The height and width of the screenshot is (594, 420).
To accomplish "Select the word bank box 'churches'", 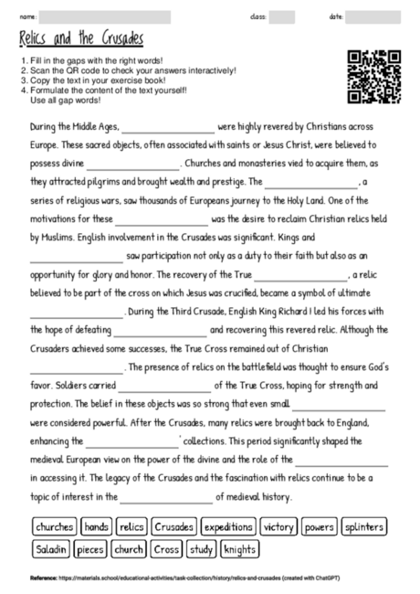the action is coord(54,527).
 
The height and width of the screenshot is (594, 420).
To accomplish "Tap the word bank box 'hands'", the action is coord(96,527).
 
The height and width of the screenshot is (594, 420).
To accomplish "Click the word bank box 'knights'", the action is coord(240,549).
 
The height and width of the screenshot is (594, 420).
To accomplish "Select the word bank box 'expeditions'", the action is coord(228,527).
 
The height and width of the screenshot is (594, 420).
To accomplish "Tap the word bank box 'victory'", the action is coord(278,527).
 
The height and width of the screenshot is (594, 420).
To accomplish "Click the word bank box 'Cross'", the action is coord(166,549).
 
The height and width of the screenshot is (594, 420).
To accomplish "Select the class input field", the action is coord(282,16).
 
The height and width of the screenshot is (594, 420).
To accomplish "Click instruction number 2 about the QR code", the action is coord(128,70).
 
